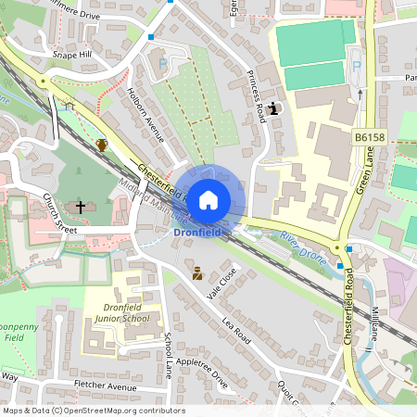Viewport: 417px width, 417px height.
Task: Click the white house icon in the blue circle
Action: pos(208,198)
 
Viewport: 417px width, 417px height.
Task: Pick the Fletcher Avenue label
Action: pos(107,385)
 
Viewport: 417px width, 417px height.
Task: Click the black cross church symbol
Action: pos(82,207)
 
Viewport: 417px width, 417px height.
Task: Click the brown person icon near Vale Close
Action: pos(196,272)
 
